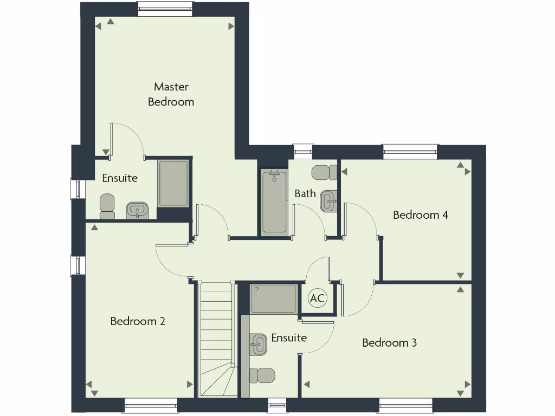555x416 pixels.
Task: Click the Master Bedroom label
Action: pyautogui.click(x=171, y=94)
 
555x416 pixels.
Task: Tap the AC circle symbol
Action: pyautogui.click(x=318, y=297)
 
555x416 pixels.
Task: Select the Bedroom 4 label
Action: pyautogui.click(x=420, y=215)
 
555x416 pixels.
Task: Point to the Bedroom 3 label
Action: pyautogui.click(x=389, y=343)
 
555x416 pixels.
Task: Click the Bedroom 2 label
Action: pyautogui.click(x=138, y=321)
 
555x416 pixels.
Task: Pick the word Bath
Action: pyautogui.click(x=305, y=193)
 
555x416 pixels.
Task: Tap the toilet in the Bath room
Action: pyautogui.click(x=324, y=173)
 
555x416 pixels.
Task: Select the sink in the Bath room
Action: pyautogui.click(x=328, y=201)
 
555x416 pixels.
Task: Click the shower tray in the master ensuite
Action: pyautogui.click(x=173, y=184)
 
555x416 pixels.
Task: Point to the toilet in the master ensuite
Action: pyautogui.click(x=107, y=206)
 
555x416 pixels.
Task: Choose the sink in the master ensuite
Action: pyautogui.click(x=138, y=210)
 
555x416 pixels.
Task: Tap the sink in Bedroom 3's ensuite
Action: pyautogui.click(x=258, y=344)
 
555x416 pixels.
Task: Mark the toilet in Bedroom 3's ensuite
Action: pyautogui.click(x=262, y=375)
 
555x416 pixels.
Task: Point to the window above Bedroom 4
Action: pyautogui.click(x=410, y=151)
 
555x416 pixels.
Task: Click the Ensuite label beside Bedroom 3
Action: pyautogui.click(x=289, y=338)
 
